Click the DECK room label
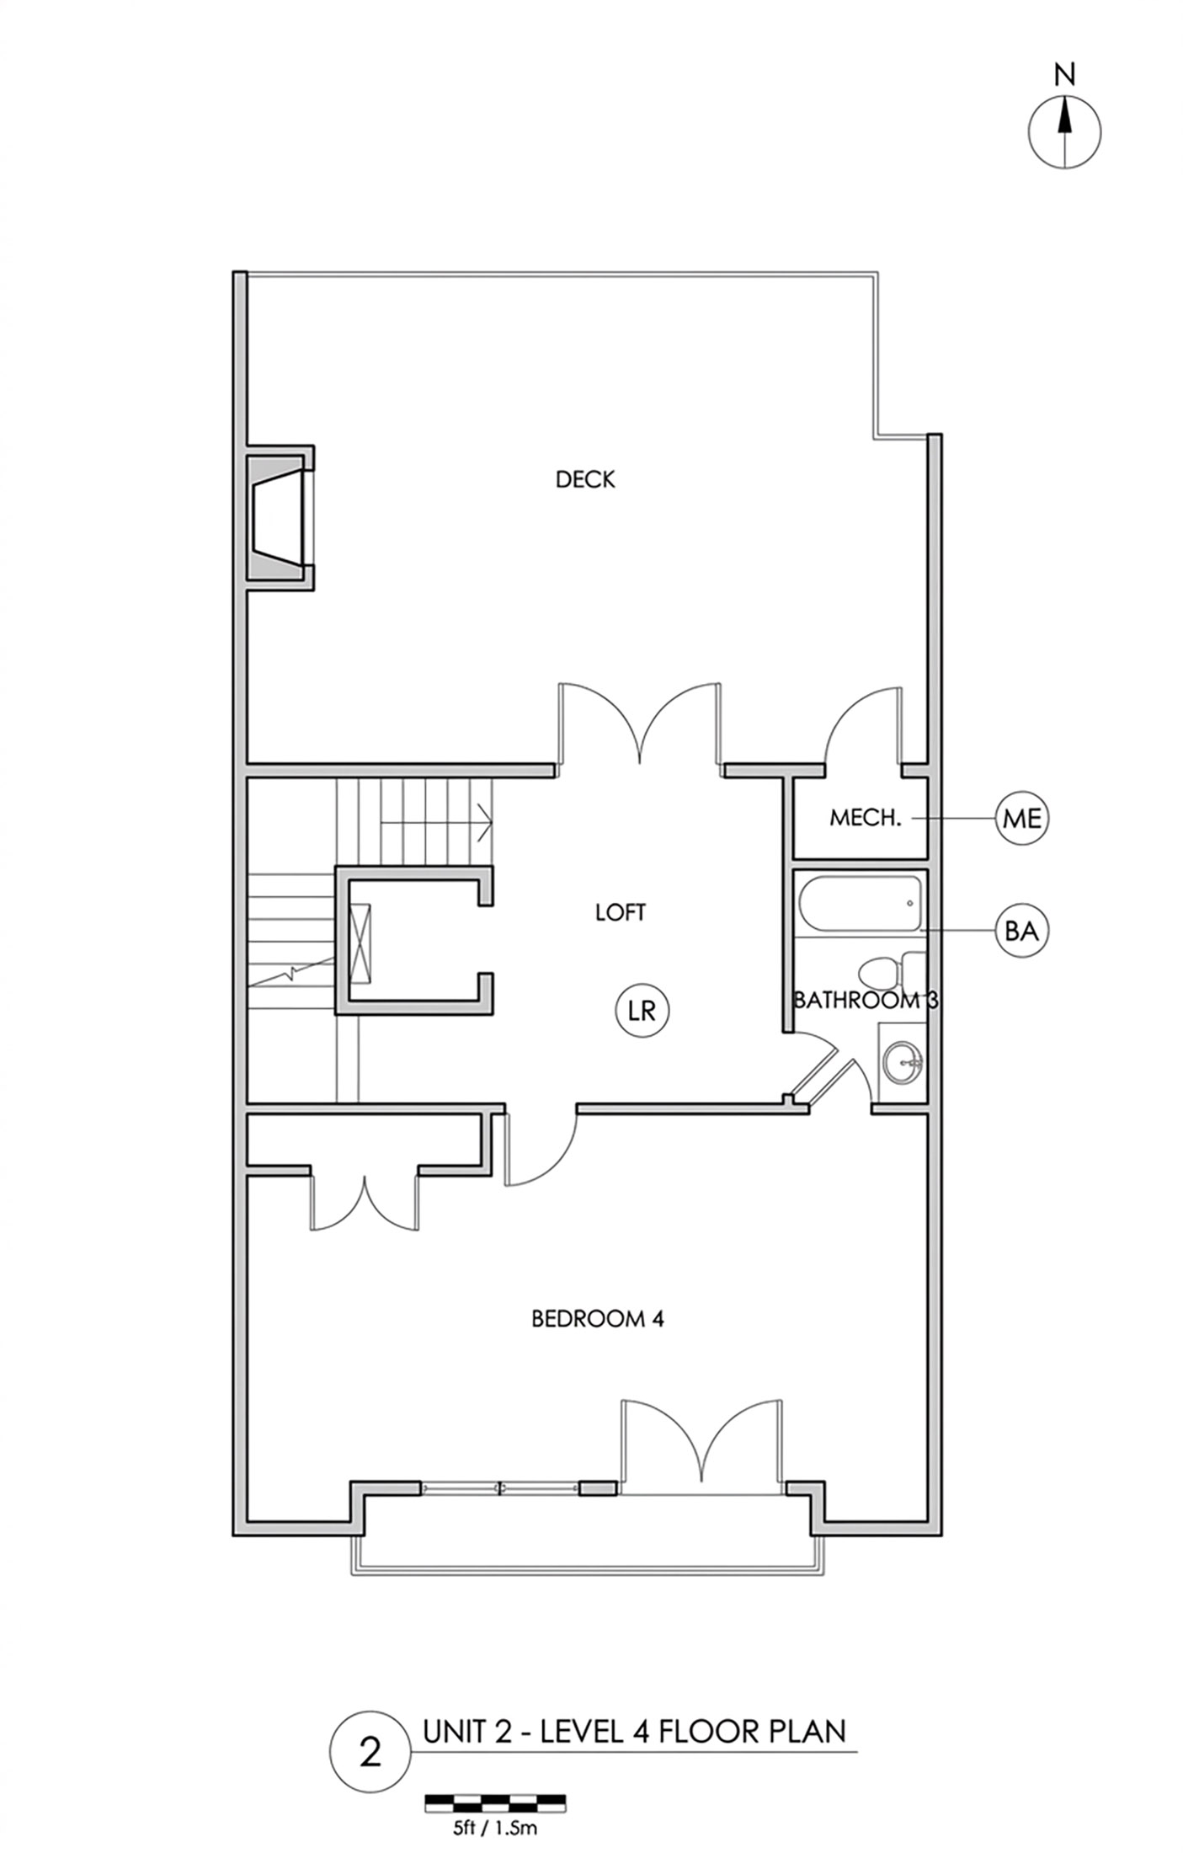point(585,479)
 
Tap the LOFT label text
point(621,912)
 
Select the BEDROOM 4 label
point(598,1318)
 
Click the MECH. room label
point(866,817)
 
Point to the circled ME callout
point(1022,817)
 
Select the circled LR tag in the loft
point(642,1010)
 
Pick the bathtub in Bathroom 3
point(859,903)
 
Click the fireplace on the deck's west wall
point(280,517)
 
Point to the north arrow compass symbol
point(1064,132)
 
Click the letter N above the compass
point(1065,76)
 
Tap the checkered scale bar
point(495,1802)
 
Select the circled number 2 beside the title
point(370,1753)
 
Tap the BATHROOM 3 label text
point(866,1000)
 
